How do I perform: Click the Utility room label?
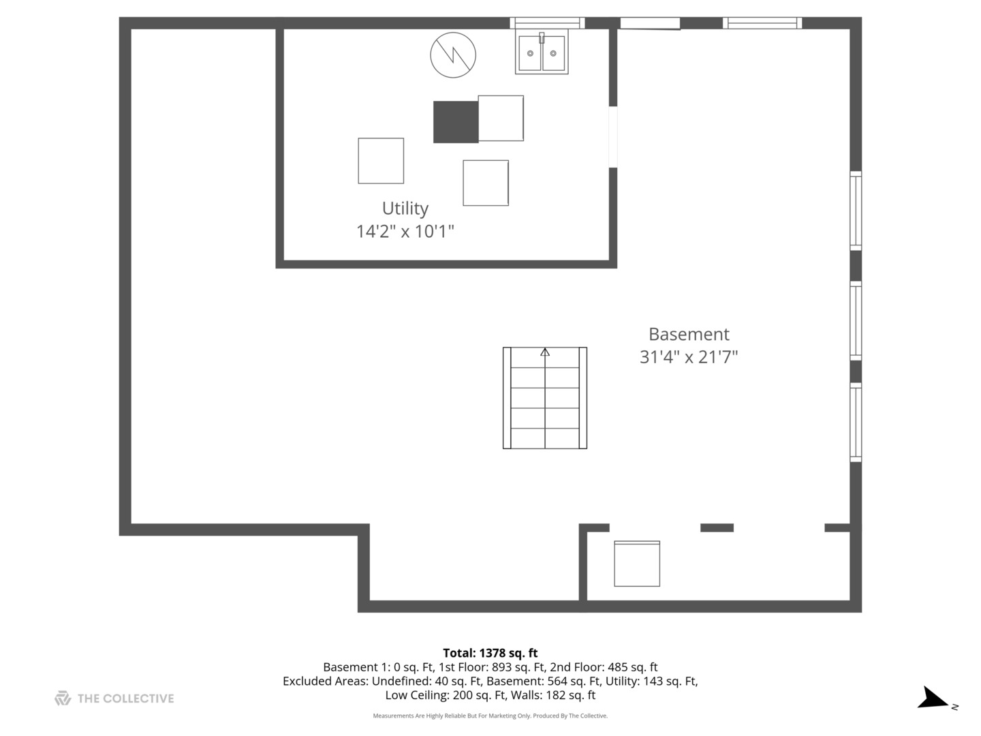[405, 208]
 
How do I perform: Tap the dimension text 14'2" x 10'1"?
[405, 231]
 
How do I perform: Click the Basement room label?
[688, 334]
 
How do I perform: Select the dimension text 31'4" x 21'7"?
[688, 356]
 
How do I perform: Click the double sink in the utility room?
[542, 53]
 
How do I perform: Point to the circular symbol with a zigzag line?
[453, 55]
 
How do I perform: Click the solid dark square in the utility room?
[456, 122]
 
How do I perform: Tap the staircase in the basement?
[545, 399]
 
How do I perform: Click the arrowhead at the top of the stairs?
[545, 352]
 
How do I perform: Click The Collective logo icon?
[63, 698]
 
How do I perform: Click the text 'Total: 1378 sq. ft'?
[490, 653]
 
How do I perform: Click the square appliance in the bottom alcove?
[637, 564]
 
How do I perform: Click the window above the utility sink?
[547, 23]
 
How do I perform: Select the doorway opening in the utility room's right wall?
[612, 137]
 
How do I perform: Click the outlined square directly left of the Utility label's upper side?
[381, 161]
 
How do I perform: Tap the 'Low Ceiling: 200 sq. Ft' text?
[443, 695]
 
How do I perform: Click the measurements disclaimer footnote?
[490, 716]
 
